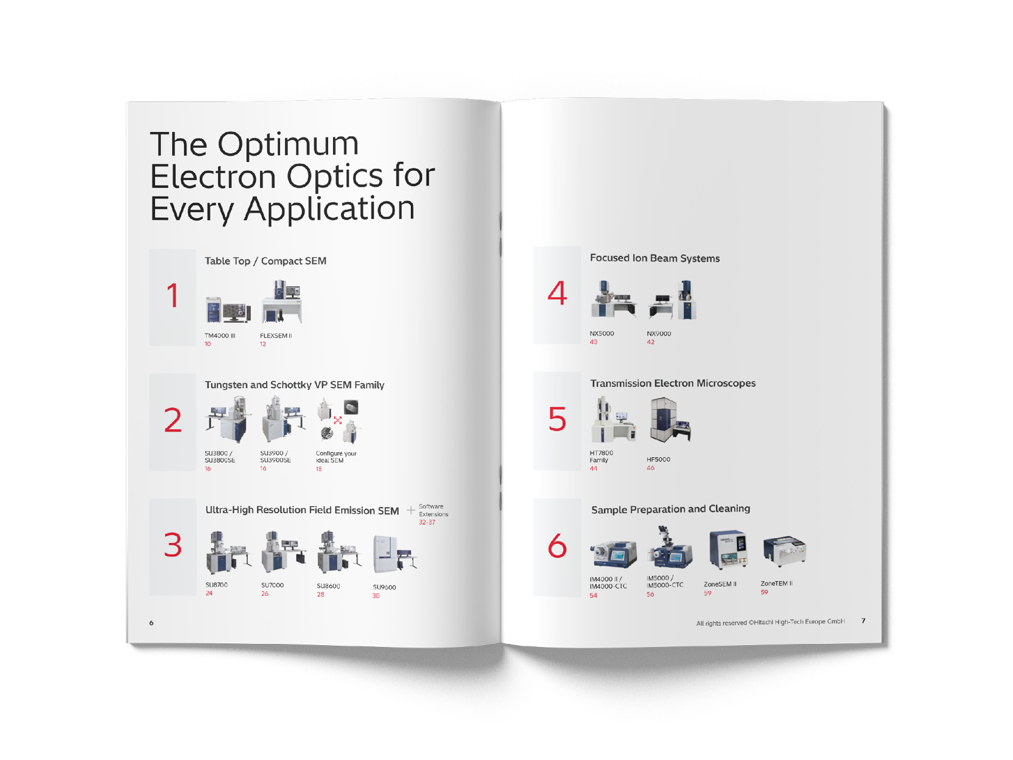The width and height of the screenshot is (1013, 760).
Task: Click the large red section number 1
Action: pyautogui.click(x=173, y=296)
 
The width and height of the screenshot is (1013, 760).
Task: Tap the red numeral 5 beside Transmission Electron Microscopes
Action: pyautogui.click(x=557, y=420)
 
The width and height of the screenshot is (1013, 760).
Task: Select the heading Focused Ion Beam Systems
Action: pyautogui.click(x=654, y=258)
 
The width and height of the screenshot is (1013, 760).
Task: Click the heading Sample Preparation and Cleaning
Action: pyautogui.click(x=670, y=509)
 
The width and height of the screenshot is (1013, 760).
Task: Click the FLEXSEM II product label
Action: pyautogui.click(x=276, y=336)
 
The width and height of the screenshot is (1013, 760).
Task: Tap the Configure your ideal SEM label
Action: pyautogui.click(x=335, y=457)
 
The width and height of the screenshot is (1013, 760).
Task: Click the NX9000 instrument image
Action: pyautogui.click(x=673, y=300)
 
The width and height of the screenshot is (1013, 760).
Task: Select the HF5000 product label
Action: pyautogui.click(x=658, y=460)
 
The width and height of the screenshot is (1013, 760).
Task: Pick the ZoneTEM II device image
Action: pyautogui.click(x=784, y=551)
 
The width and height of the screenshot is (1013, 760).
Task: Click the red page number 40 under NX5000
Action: pyautogui.click(x=594, y=342)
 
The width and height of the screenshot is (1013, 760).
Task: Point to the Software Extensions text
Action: pyautogui.click(x=433, y=510)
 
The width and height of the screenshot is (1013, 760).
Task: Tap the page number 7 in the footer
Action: pyautogui.click(x=864, y=621)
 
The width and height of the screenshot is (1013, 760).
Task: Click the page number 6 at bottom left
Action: pyautogui.click(x=151, y=623)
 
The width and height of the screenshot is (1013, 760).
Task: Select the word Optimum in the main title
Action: pyautogui.click(x=288, y=145)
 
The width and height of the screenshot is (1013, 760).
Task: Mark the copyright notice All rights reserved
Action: pyautogui.click(x=770, y=622)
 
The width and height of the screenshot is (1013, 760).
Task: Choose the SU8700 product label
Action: pyautogui.click(x=216, y=585)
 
